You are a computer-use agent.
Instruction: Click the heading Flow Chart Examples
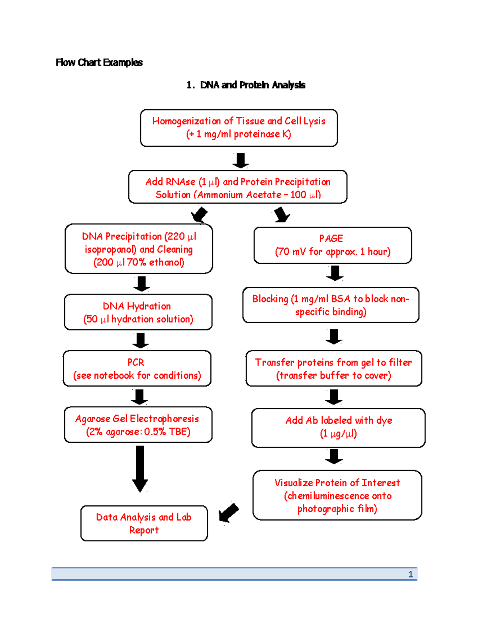(99, 63)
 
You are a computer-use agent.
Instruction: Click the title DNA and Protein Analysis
(252, 85)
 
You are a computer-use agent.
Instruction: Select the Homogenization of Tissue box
(239, 128)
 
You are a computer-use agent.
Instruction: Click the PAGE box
(333, 245)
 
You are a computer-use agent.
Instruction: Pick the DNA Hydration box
(138, 312)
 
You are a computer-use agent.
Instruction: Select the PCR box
(137, 368)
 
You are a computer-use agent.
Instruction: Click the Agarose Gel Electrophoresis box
(138, 424)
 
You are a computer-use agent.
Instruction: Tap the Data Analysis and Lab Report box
(144, 523)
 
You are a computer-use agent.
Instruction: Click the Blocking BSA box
(331, 305)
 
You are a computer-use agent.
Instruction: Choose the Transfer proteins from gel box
(333, 368)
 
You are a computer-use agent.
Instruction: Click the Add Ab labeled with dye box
(338, 427)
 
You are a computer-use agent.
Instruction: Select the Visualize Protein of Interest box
(337, 495)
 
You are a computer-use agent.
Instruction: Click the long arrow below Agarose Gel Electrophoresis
(140, 468)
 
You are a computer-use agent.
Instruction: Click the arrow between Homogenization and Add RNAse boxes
(241, 160)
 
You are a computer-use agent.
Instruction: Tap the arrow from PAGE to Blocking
(335, 273)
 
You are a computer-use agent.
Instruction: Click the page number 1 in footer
(410, 574)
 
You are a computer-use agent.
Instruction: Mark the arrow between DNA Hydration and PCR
(140, 340)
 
